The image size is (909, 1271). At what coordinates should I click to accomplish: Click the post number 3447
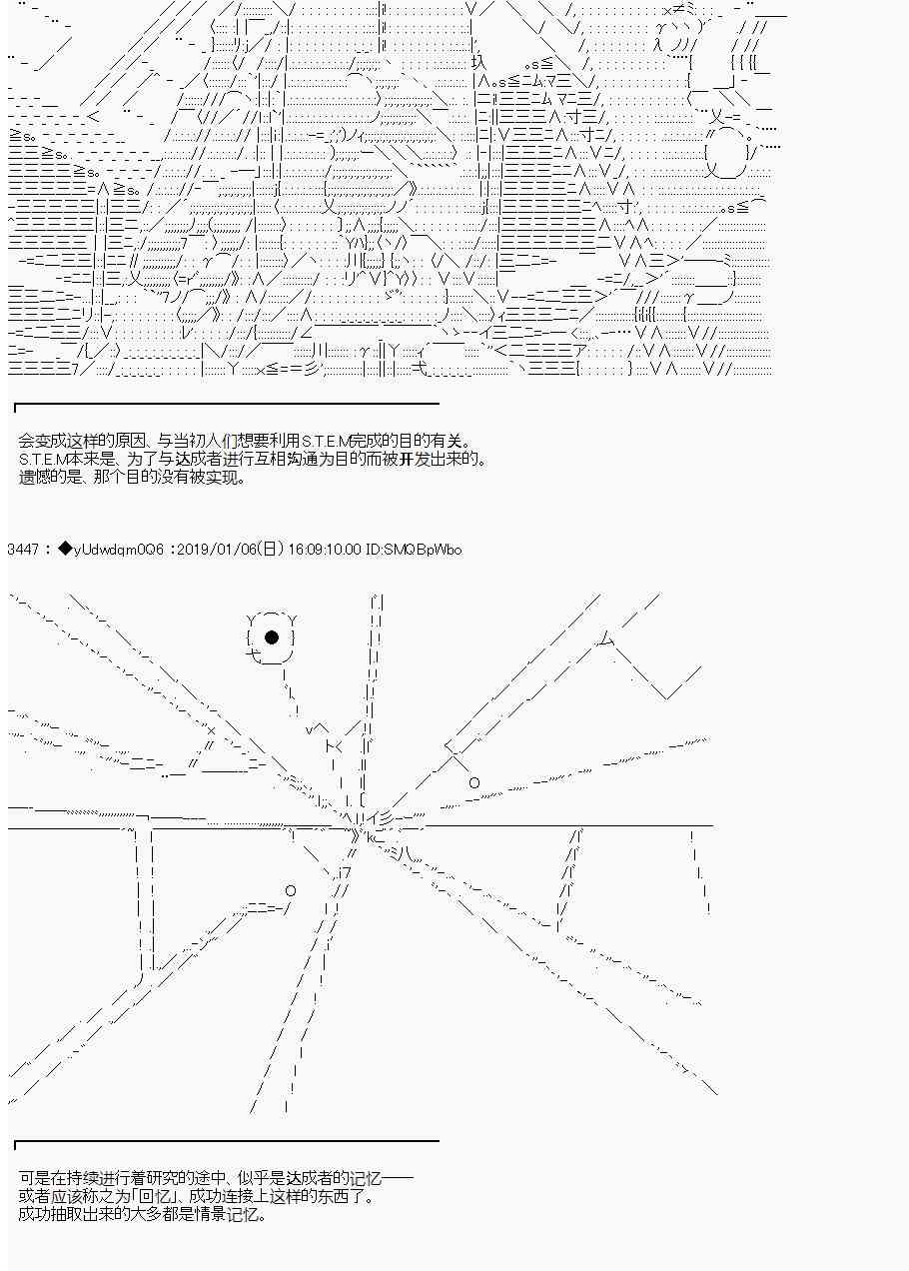coord(23,550)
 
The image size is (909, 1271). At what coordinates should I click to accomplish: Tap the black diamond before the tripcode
coord(65,549)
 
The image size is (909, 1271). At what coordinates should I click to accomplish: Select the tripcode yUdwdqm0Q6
coord(118,550)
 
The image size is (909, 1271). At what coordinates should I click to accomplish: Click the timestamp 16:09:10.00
coord(325,550)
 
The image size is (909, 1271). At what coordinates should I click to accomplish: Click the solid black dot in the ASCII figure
coord(272,637)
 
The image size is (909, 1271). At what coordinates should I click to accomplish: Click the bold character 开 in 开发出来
coord(406,459)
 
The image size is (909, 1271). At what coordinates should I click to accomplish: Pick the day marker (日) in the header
coord(271,550)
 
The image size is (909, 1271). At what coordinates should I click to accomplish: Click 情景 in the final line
coord(209,1215)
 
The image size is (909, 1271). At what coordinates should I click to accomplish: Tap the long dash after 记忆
coord(397,1178)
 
